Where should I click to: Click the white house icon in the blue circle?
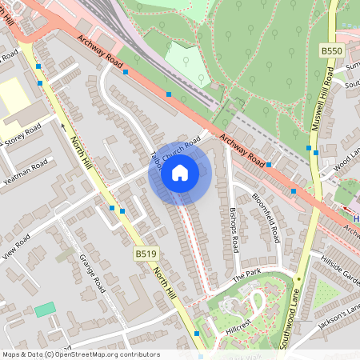pos(180,172)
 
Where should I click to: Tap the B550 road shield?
pos(331,50)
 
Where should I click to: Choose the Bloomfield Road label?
pos(266,218)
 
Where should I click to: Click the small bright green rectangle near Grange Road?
pos(46,309)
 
